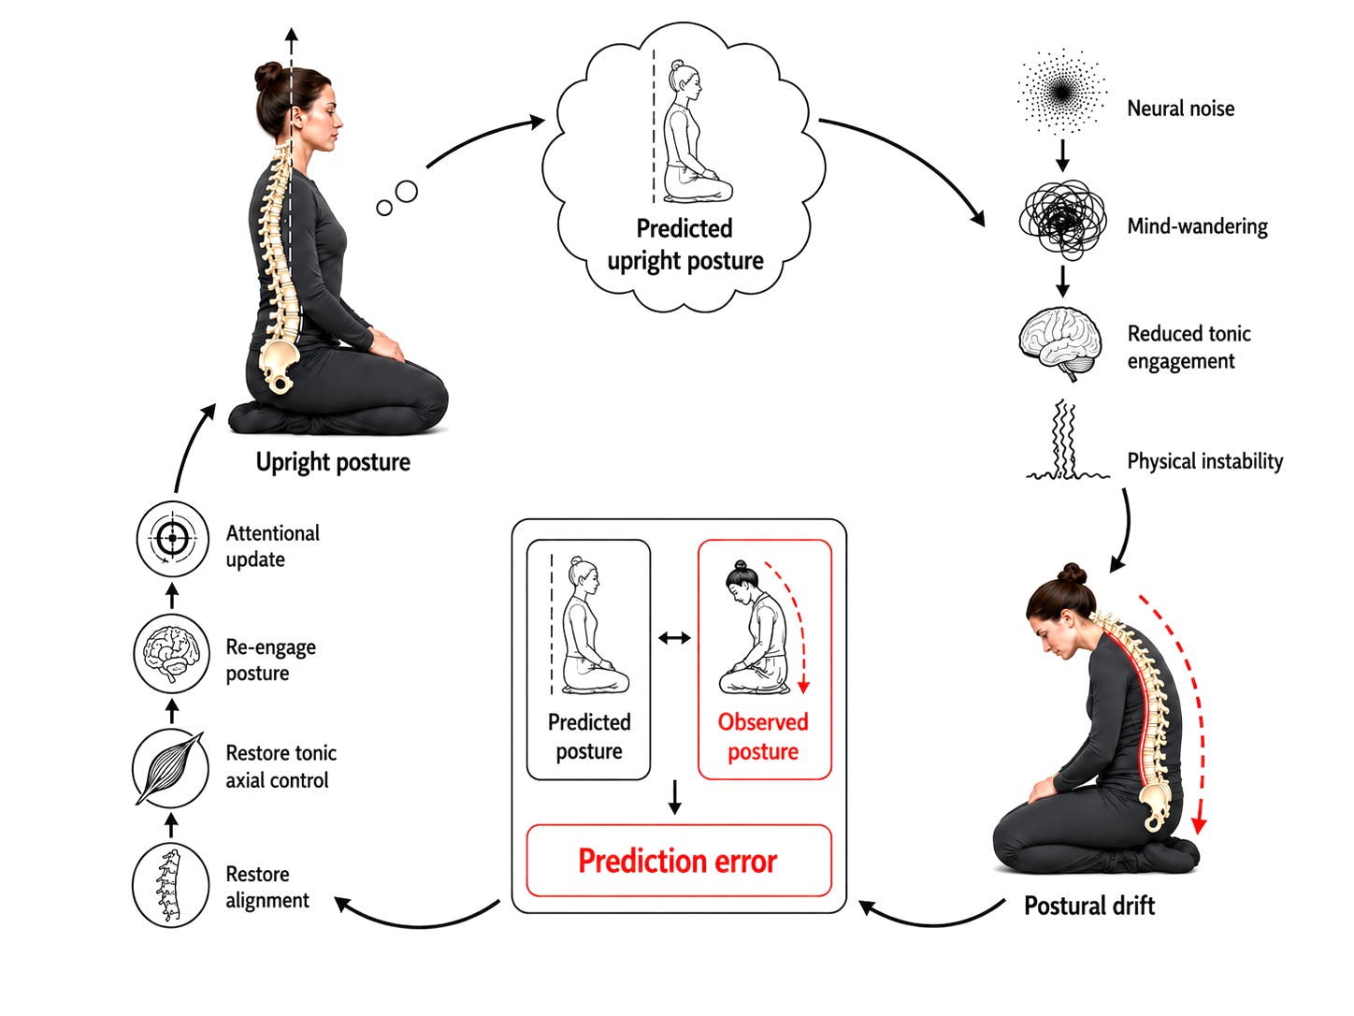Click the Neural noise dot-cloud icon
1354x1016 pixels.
(x=1061, y=92)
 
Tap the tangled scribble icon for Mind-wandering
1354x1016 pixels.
(x=1062, y=219)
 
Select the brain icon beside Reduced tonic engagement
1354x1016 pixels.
(x=1060, y=343)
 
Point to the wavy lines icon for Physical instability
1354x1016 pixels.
(x=1067, y=440)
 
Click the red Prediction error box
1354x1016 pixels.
(x=679, y=860)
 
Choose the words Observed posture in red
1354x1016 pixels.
(x=763, y=736)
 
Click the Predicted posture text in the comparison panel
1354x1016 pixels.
(x=589, y=736)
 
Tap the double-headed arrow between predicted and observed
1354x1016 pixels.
(x=674, y=638)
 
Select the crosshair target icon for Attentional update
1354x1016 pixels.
(x=173, y=538)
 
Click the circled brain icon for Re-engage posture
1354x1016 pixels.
(x=172, y=653)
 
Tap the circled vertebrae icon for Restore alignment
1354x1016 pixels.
(x=171, y=885)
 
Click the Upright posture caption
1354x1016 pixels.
(x=333, y=462)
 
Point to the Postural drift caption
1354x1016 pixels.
(x=1089, y=906)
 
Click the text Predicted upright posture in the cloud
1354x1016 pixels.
(x=684, y=244)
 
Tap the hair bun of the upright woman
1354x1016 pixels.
(x=268, y=75)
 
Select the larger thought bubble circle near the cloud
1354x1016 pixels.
(x=407, y=191)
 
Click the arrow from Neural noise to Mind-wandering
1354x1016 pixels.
(x=1062, y=155)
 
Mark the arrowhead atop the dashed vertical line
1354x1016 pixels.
(x=291, y=34)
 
